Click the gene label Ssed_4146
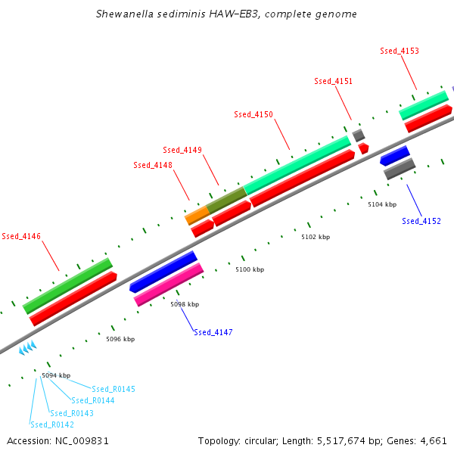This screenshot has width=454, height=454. coord(21,236)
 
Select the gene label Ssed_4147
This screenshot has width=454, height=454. coord(213,332)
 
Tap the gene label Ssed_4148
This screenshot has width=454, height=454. coord(153,165)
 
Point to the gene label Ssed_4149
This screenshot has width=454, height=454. coord(182,150)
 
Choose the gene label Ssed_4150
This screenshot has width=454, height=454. coord(253,114)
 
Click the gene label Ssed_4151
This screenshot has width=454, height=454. coord(334,81)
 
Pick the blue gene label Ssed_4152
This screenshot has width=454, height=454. coord(421,221)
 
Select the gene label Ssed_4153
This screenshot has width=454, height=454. coord(400,51)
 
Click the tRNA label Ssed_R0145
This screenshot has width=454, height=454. coord(113,389)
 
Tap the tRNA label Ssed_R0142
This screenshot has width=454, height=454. coord(52,425)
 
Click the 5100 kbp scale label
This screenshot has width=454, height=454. coord(250,269)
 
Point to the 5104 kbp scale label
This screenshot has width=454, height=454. coord(382,204)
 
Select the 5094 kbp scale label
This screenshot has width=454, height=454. coord(56,375)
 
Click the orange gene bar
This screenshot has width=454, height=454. coord(197,216)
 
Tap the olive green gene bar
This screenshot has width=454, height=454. coord(227,200)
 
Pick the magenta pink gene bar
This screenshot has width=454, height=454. coord(169,285)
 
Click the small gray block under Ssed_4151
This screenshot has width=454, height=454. coord(359,135)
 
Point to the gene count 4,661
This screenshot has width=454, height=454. coord(433,440)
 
